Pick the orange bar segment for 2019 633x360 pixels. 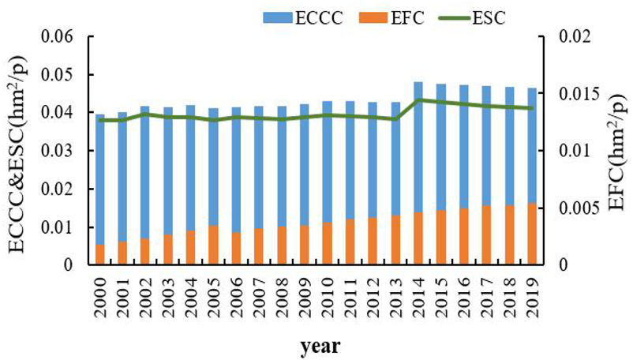(532, 234)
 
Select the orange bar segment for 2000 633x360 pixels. (99, 254)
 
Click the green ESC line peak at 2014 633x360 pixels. (418, 99)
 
